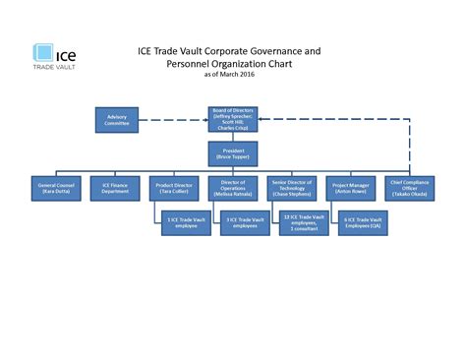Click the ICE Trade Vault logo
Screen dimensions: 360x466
[x=56, y=56]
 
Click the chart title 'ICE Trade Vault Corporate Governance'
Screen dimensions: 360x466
[x=227, y=50]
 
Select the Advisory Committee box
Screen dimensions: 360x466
[x=116, y=119]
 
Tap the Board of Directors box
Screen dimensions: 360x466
[x=234, y=118]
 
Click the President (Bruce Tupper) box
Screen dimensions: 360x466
[x=233, y=152]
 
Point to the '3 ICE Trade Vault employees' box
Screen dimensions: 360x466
[x=246, y=222]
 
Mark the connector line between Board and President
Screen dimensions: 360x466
[x=233, y=136]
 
